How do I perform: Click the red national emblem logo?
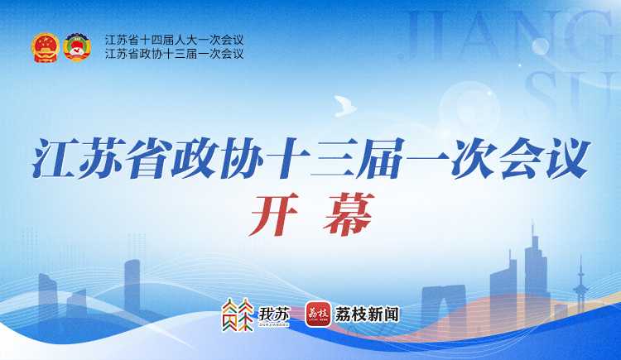46,47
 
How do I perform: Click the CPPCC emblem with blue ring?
77,47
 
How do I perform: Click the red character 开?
274,214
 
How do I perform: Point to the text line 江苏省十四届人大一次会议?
174,40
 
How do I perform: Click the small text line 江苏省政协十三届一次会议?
174,54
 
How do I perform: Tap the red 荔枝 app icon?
318,314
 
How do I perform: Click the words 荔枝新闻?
367,314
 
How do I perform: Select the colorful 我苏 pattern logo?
238,314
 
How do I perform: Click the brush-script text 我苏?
274,314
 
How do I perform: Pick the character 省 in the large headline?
149,157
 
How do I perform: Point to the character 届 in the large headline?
381,157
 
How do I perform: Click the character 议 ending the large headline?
567,157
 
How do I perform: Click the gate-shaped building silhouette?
444,305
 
